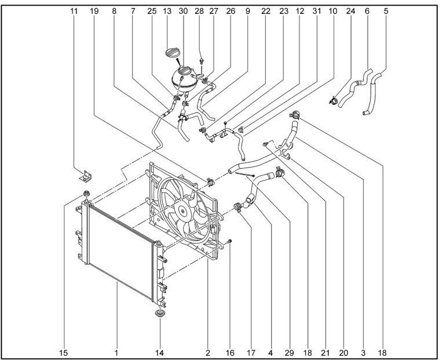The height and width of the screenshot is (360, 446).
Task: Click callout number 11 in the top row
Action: pyautogui.click(x=74, y=10)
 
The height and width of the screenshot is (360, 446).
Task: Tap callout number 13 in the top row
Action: pyautogui.click(x=167, y=10)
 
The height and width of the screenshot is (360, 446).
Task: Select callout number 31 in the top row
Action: pyautogui.click(x=316, y=10)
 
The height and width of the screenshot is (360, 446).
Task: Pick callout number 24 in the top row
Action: pyautogui.click(x=350, y=10)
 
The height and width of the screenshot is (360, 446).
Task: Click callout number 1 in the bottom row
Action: pyautogui.click(x=116, y=352)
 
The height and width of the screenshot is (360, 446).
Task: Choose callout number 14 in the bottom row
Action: pyautogui.click(x=159, y=352)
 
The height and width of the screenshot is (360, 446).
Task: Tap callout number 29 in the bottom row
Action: pyautogui.click(x=290, y=352)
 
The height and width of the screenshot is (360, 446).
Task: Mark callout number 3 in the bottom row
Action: pyautogui.click(x=363, y=352)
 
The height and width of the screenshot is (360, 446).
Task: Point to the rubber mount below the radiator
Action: pyautogui.click(x=159, y=315)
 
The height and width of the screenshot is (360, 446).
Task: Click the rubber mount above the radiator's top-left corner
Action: pyautogui.click(x=86, y=194)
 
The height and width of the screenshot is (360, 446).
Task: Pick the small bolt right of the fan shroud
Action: pyautogui.click(x=230, y=241)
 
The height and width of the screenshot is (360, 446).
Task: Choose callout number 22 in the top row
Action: pyautogui.click(x=266, y=10)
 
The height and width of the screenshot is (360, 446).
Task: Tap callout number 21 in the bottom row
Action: pyautogui.click(x=326, y=352)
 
